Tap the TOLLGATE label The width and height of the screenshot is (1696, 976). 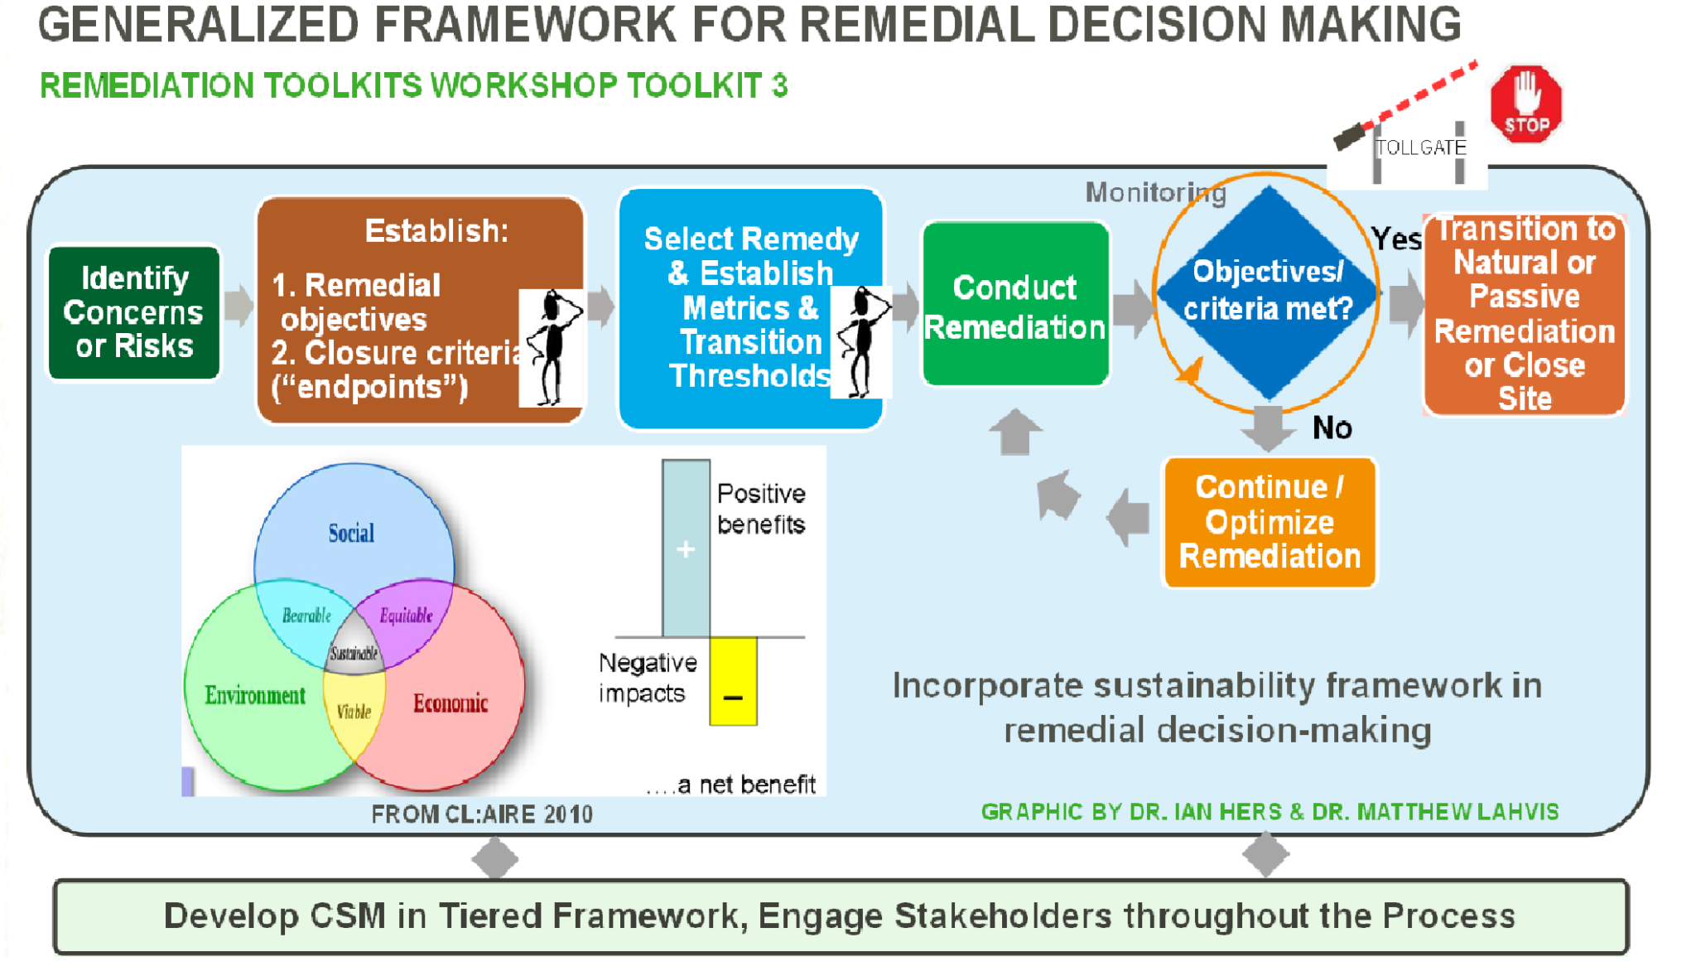1420,147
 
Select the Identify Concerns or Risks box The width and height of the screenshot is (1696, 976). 134,312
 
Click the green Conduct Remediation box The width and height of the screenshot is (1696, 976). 1015,305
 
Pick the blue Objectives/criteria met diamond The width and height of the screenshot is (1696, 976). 1267,292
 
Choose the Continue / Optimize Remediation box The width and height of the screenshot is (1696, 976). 1269,522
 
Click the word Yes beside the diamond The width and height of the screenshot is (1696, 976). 1396,239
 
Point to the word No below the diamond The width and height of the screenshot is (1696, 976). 1332,428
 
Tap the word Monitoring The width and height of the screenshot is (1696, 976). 1154,192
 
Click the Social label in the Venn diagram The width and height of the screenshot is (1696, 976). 351,533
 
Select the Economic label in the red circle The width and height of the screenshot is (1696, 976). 450,703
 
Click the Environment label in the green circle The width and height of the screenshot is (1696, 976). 255,695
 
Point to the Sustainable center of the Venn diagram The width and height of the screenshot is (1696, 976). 354,653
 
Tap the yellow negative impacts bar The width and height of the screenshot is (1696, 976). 733,681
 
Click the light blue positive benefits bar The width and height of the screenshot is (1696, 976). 686,548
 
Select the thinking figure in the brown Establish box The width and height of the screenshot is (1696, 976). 552,348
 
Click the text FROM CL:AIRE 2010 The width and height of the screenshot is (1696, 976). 482,814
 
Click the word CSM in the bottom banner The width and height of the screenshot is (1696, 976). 348,916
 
